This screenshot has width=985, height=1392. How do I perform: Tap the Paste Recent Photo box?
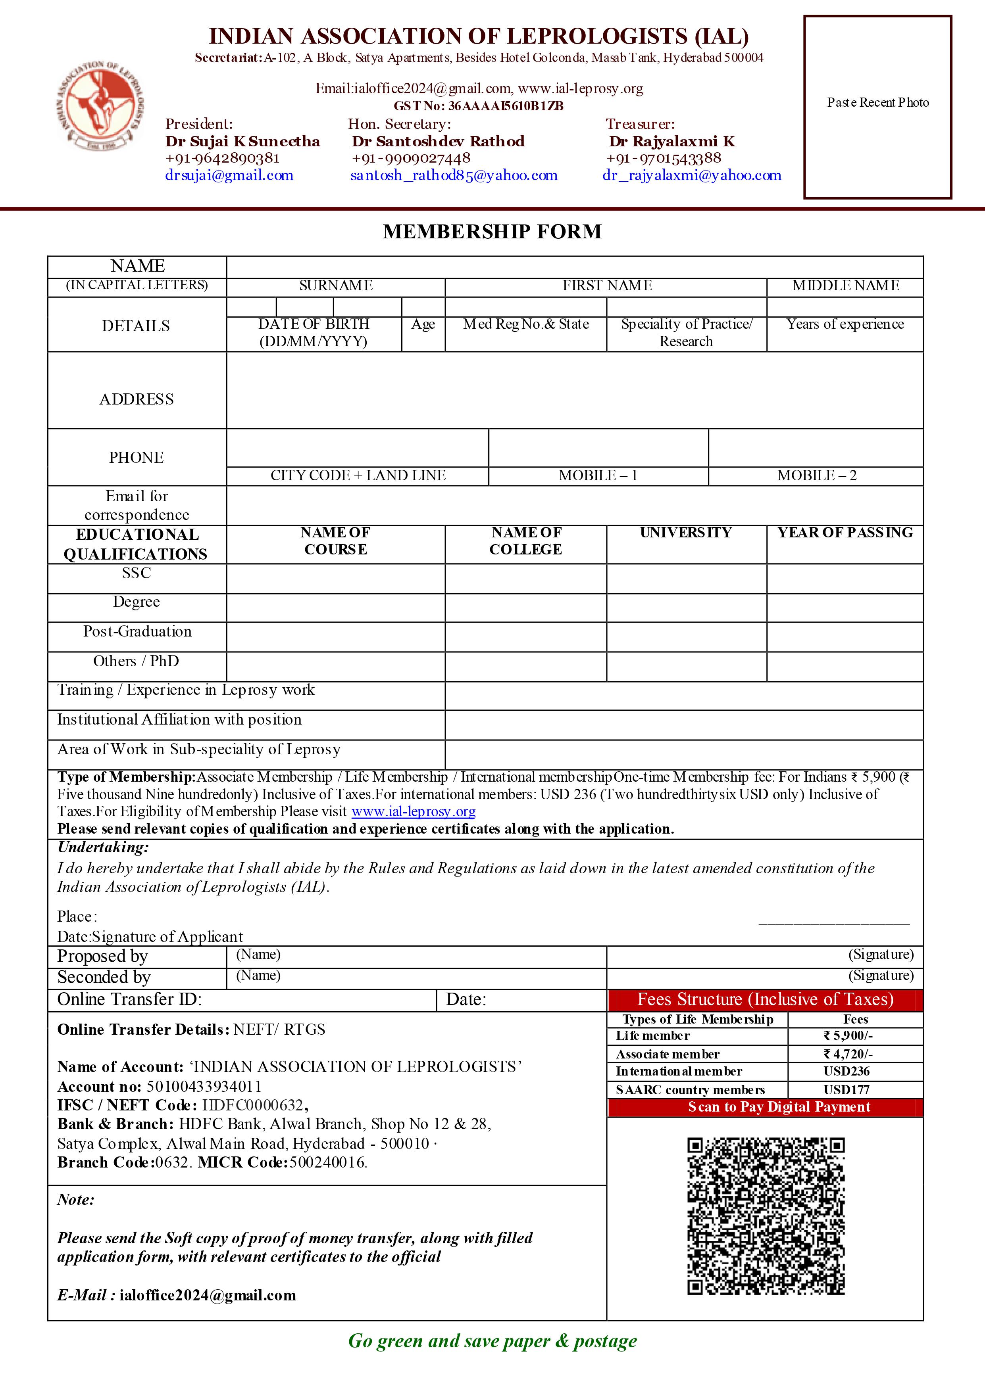click(x=877, y=107)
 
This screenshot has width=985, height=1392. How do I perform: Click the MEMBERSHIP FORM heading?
click(x=492, y=232)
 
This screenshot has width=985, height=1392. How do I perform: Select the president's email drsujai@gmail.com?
click(x=229, y=176)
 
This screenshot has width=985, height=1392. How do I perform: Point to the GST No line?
click(x=479, y=106)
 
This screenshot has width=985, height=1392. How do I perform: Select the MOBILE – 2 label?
click(x=816, y=476)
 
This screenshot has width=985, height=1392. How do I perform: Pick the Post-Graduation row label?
click(x=137, y=632)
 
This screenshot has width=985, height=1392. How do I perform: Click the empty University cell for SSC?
click(x=686, y=579)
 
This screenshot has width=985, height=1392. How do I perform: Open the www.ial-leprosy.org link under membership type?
click(x=413, y=812)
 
